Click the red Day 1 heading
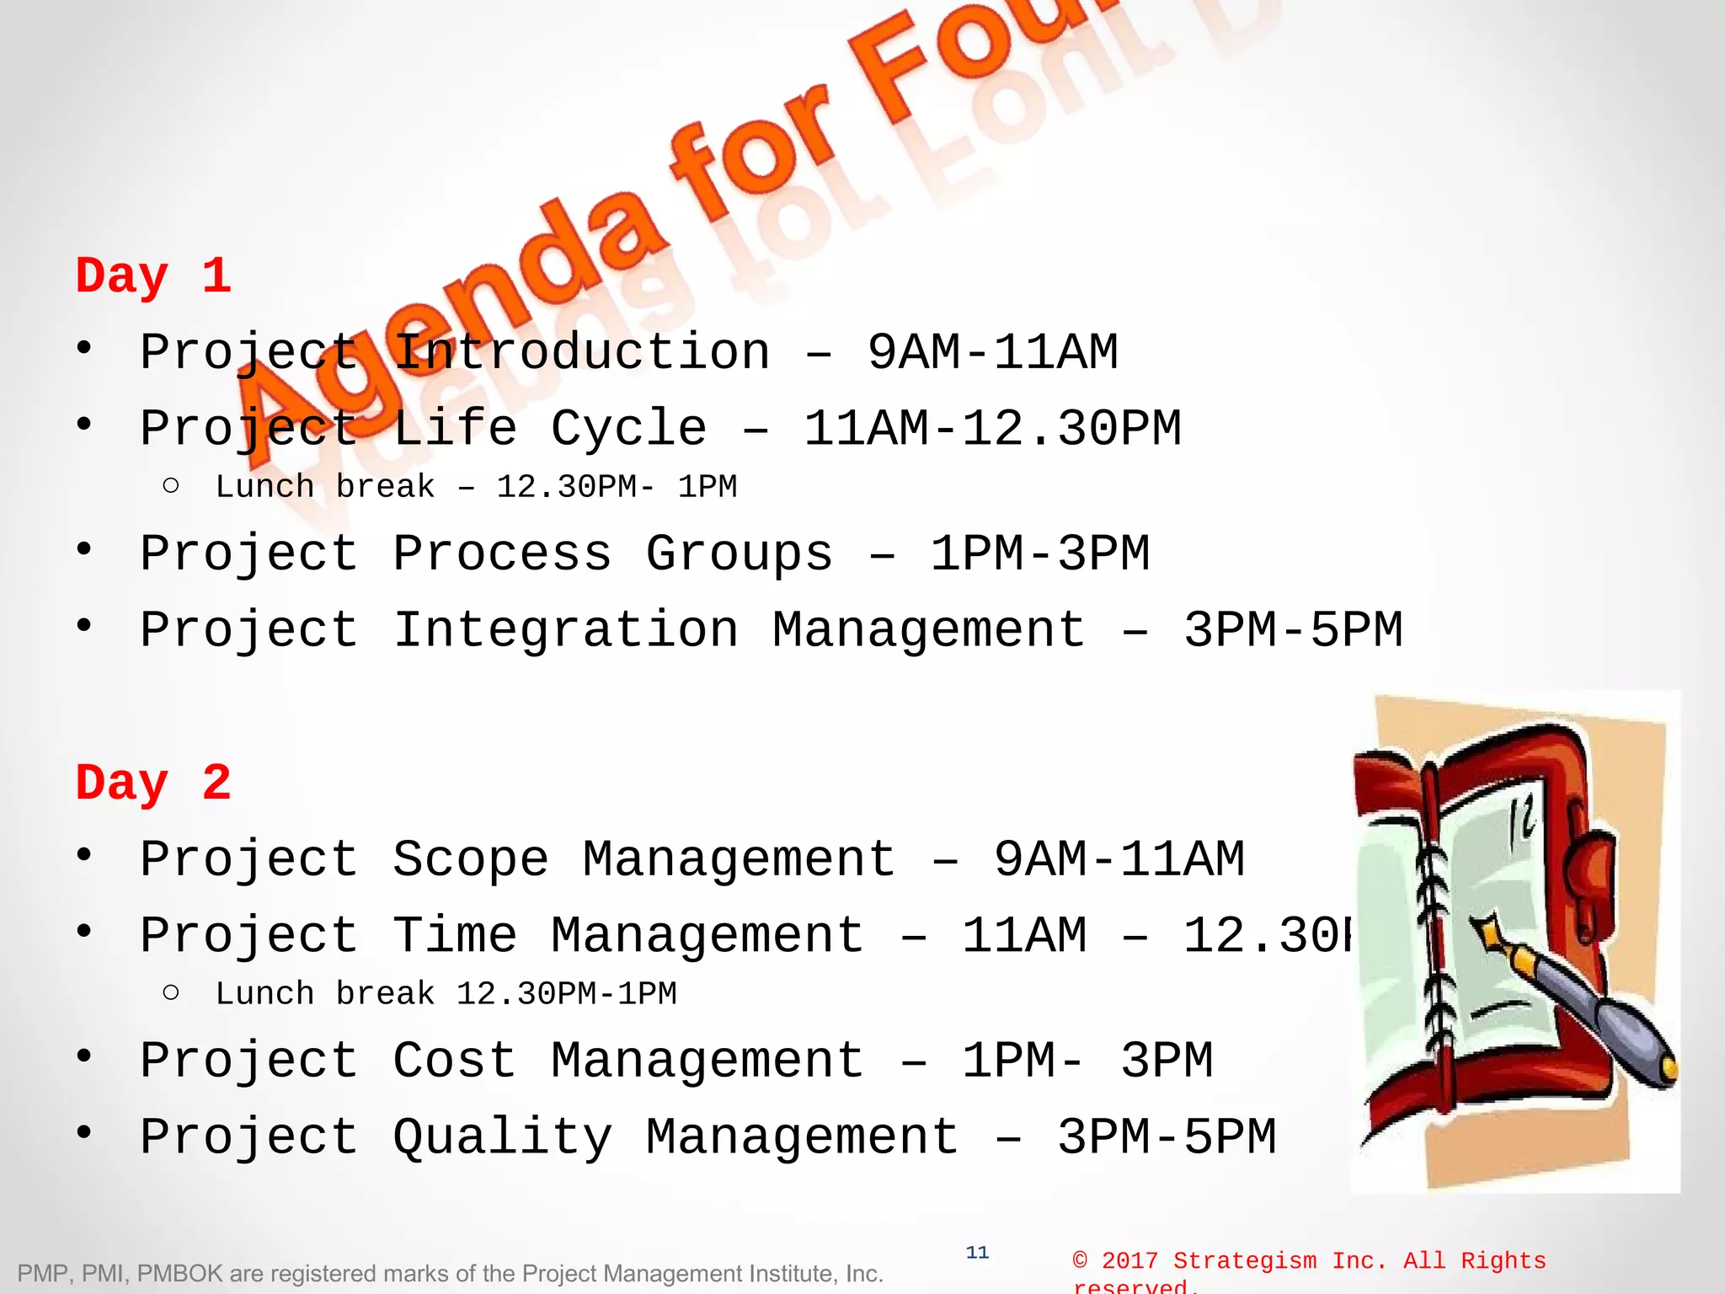click(x=153, y=276)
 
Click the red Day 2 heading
click(x=153, y=783)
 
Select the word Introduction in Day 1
click(x=581, y=352)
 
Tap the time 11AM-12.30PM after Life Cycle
click(x=992, y=428)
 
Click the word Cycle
click(x=628, y=428)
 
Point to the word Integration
click(x=566, y=630)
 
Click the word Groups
click(x=740, y=554)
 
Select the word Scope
click(x=470, y=859)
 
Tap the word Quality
click(x=502, y=1137)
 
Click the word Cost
click(x=455, y=1061)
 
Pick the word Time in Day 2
click(x=455, y=935)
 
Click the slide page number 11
click(x=977, y=1253)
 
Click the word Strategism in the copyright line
click(x=1245, y=1261)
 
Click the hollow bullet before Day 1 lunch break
click(x=171, y=486)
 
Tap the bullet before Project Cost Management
click(x=83, y=1056)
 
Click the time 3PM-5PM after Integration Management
click(x=1293, y=630)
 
